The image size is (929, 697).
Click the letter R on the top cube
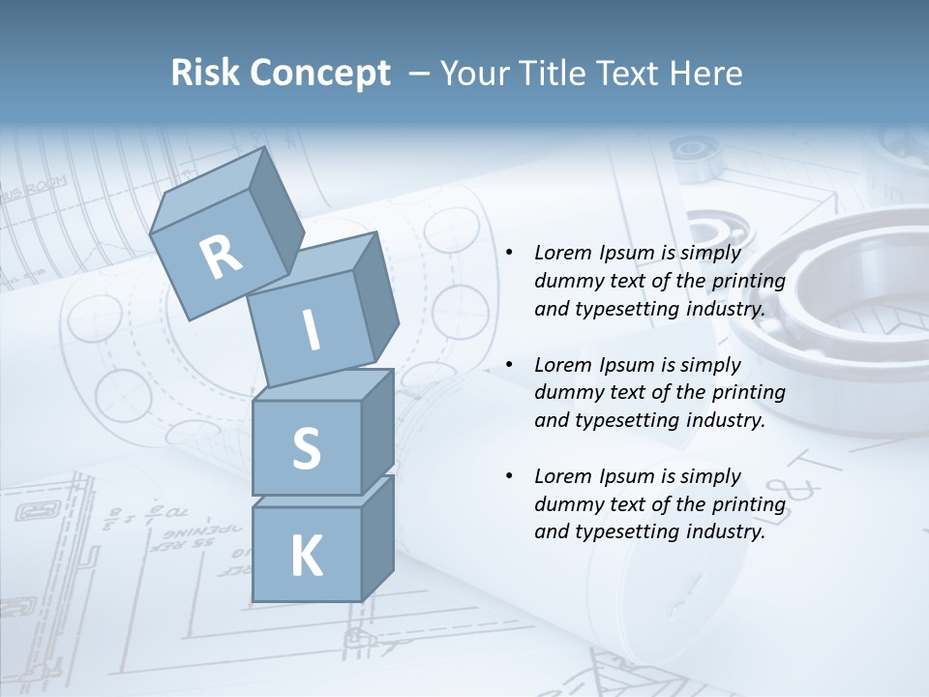pyautogui.click(x=222, y=258)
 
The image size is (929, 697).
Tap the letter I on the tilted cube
pyautogui.click(x=311, y=330)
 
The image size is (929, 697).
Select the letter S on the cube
pyautogui.click(x=306, y=448)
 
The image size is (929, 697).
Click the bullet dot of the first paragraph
pyautogui.click(x=508, y=254)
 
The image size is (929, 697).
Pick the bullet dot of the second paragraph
pyautogui.click(x=508, y=366)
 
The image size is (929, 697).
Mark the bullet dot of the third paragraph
pyautogui.click(x=508, y=477)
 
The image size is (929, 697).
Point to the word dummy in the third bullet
pyautogui.click(x=564, y=504)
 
